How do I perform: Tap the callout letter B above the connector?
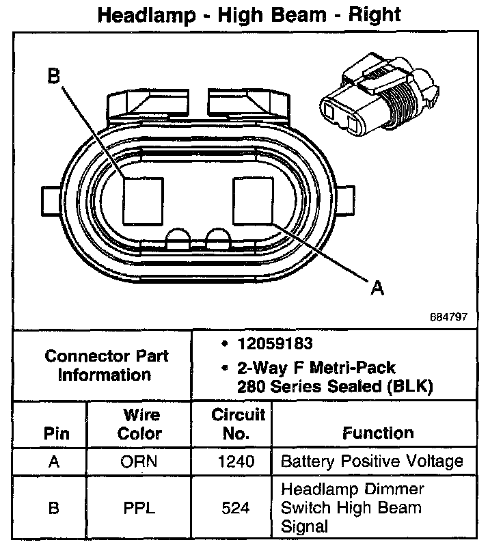tap(54, 77)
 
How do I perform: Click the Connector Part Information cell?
tap(106, 365)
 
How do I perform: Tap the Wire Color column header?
tap(139, 424)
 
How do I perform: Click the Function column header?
tap(378, 433)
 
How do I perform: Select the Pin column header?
tap(56, 433)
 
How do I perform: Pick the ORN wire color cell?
tap(139, 461)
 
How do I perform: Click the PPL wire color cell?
tap(139, 508)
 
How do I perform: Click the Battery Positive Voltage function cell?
tap(372, 461)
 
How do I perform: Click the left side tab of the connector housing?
tap(51, 200)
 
